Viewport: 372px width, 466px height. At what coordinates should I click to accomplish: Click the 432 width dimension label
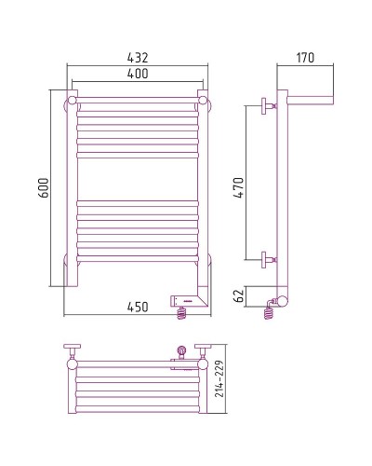[138, 57]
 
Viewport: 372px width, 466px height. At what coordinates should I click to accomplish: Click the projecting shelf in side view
[312, 97]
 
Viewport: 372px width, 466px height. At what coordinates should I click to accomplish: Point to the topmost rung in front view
[138, 97]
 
